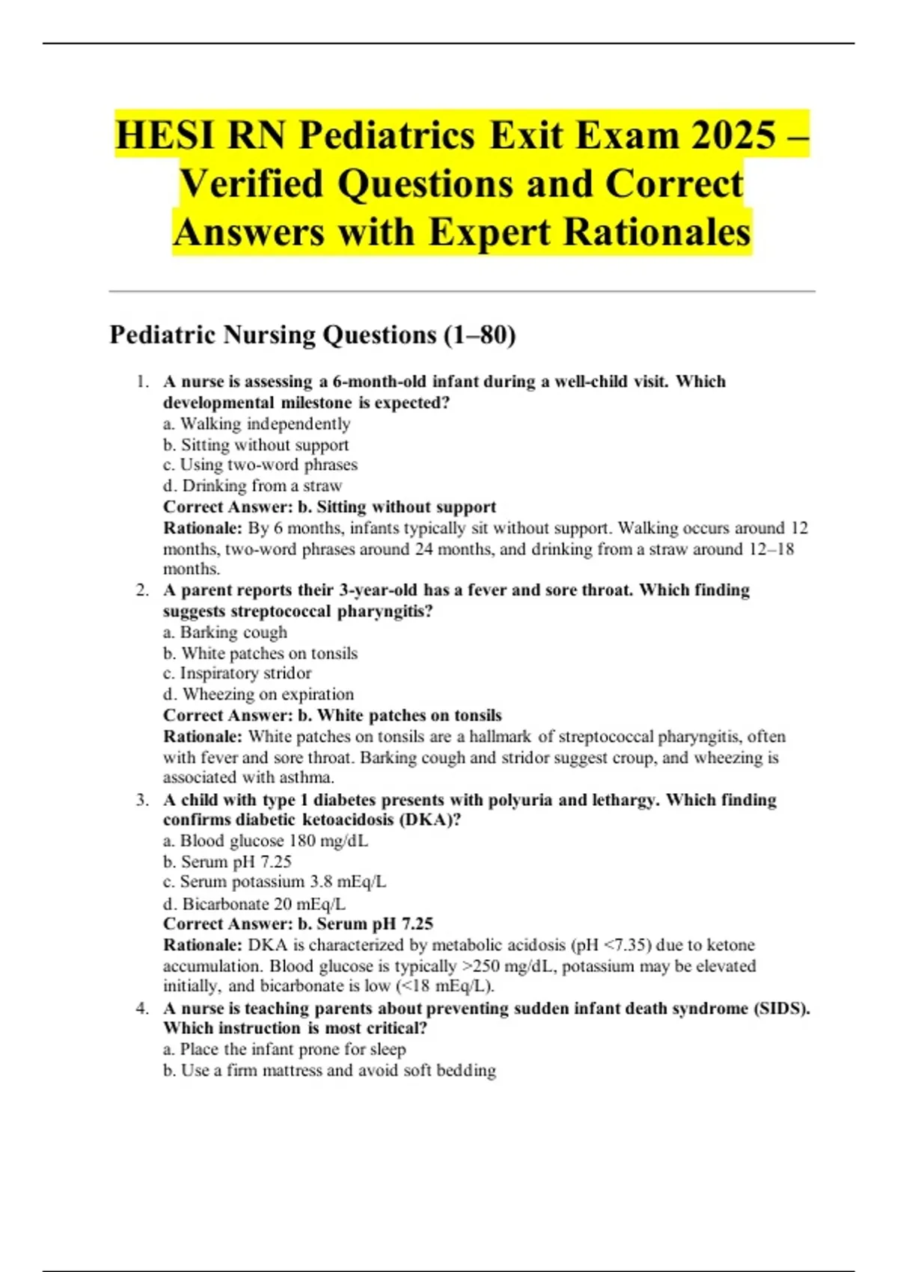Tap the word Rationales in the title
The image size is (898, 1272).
click(658, 232)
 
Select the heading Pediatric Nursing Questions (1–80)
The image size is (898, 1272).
click(313, 334)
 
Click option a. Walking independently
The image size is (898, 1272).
click(257, 424)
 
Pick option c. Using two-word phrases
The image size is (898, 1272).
click(260, 465)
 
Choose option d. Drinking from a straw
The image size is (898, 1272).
click(252, 486)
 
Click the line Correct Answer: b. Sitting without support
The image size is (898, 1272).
click(329, 507)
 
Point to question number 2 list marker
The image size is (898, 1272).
click(142, 590)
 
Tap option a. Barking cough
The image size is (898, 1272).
click(225, 632)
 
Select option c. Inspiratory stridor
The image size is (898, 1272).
click(237, 673)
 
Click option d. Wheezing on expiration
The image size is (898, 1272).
click(258, 694)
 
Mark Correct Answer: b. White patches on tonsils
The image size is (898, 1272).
click(332, 715)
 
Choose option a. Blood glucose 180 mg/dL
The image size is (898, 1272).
click(266, 841)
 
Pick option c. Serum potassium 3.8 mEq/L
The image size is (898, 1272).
click(275, 882)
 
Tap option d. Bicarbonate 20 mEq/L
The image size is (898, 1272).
click(254, 904)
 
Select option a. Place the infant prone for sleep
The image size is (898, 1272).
click(284, 1049)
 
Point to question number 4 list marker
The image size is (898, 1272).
click(142, 1008)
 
